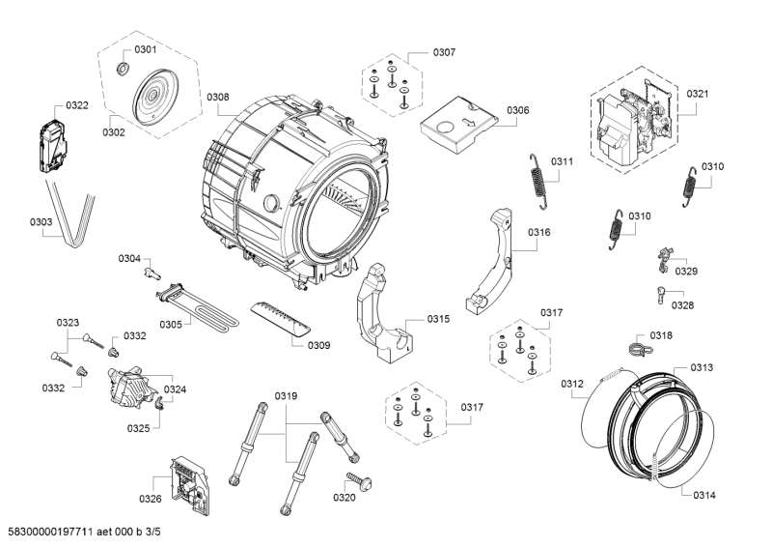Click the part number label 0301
(x=146, y=48)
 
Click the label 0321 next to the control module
(x=698, y=94)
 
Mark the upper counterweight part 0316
(x=497, y=256)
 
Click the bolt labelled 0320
(x=361, y=481)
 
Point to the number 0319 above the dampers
(x=286, y=395)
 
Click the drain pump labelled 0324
(x=133, y=387)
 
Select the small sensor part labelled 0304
(x=150, y=273)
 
